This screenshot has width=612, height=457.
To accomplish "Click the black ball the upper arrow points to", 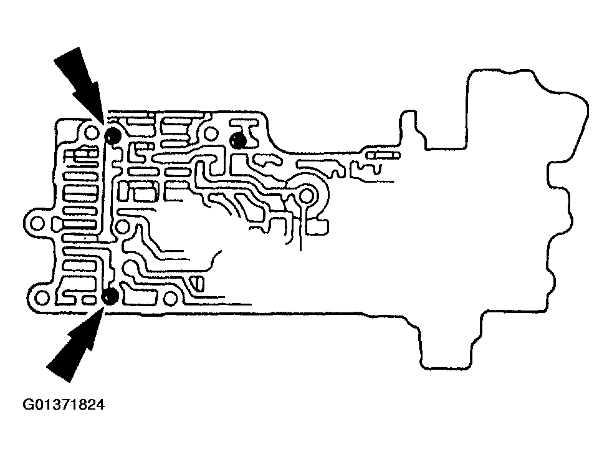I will pos(113,136).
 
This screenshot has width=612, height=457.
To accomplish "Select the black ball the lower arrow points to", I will pos(111,297).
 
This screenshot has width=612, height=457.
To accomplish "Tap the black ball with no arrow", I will pos(237,140).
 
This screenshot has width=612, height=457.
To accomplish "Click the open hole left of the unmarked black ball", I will pos(211,133).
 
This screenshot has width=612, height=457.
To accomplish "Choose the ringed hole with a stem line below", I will pos(307,197).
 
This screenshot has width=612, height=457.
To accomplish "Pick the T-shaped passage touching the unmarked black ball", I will pos(249,131).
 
